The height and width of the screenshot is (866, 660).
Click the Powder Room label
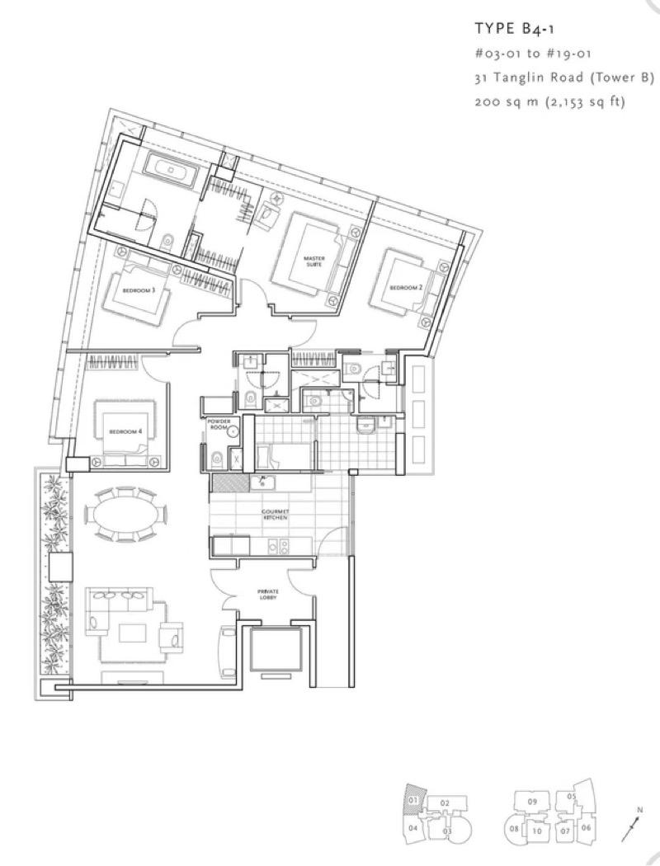[219, 425]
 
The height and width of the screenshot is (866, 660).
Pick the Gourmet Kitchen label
[274, 515]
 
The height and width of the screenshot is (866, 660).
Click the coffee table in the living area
[132, 633]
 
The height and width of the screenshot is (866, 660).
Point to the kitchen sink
[266, 481]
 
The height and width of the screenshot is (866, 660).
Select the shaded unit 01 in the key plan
[413, 799]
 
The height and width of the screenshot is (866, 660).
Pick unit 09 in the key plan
[533, 801]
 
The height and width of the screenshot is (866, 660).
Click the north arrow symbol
[635, 825]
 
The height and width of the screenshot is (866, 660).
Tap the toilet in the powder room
[216, 459]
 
